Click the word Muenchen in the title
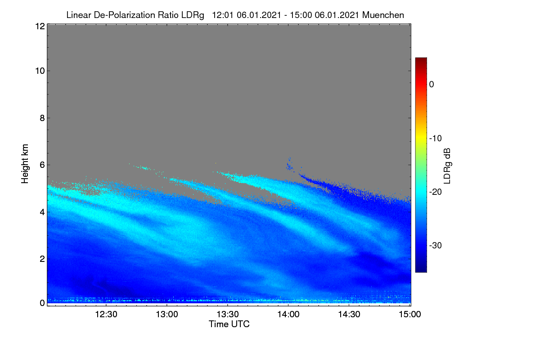383,15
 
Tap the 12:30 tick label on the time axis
106,315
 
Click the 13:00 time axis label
167,315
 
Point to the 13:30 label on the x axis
228,315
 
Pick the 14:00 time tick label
288,315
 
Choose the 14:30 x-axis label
349,315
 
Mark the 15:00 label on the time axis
410,315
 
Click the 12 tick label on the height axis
40,26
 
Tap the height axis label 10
40,71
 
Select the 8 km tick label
42,118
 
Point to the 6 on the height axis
42,165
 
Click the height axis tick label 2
42,259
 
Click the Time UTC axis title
229,324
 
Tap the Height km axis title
25,164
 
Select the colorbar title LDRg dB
447,166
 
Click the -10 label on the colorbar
436,139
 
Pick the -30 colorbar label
436,245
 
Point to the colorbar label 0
432,85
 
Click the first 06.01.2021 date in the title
259,15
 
